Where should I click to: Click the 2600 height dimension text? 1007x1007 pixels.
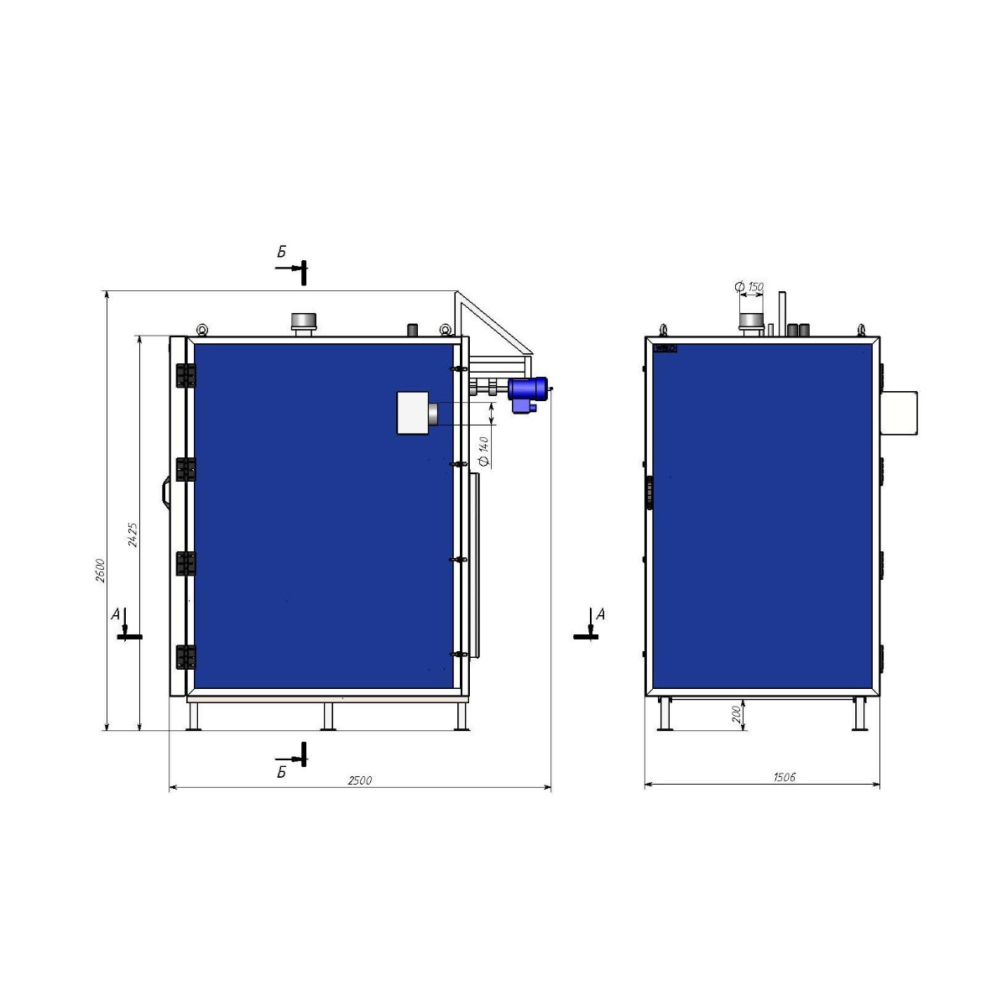pos(101,571)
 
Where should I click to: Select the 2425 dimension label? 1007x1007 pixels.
pos(133,535)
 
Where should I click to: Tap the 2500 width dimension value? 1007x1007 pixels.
pos(359,780)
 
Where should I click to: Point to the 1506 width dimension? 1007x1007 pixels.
pos(784,777)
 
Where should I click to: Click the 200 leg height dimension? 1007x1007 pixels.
pos(736,714)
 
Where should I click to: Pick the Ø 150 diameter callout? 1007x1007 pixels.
pos(749,287)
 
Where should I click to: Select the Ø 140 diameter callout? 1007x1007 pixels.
pos(484,451)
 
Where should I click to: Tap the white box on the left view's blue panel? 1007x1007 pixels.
pos(413,413)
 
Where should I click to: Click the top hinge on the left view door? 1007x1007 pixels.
pos(185,375)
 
